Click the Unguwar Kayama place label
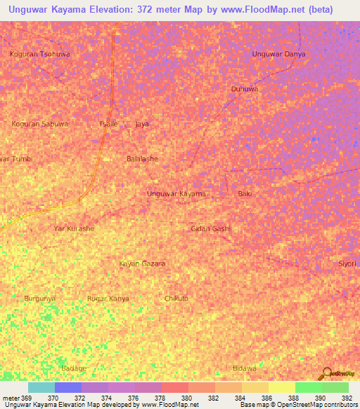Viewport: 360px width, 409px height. tap(176, 193)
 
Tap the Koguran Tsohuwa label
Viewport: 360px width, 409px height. tap(40, 53)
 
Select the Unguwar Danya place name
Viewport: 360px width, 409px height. tap(279, 53)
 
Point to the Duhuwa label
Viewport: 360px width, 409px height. tap(245, 89)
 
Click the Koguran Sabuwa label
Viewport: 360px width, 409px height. tap(40, 124)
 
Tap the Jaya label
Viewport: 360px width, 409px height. tap(142, 124)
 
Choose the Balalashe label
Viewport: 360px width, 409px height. tap(142, 159)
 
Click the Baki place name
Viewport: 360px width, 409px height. tap(245, 193)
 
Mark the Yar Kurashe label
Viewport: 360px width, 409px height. tap(74, 228)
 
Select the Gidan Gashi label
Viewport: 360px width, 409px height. tap(211, 228)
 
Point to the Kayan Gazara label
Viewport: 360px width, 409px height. tap(142, 264)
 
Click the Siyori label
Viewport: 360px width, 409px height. tap(347, 264)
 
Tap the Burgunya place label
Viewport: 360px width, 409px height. tap(40, 299)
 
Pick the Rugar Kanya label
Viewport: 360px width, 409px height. tap(108, 299)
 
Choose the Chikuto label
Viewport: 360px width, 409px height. tap(176, 299)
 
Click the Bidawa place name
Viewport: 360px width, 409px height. tap(245, 368)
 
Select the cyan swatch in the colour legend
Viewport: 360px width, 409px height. tap(41, 387)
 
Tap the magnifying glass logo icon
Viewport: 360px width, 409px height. tap(326, 373)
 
